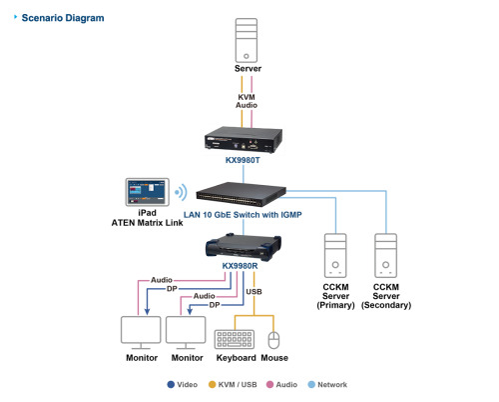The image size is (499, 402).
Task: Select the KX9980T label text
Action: pyautogui.click(x=246, y=159)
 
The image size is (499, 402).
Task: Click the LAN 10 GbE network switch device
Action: pyautogui.click(x=246, y=191)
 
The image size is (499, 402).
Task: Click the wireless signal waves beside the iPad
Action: pyautogui.click(x=181, y=193)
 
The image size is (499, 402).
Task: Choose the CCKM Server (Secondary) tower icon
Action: pyautogui.click(x=386, y=255)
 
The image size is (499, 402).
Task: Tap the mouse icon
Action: pyautogui.click(x=273, y=336)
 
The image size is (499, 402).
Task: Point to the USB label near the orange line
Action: pyautogui.click(x=255, y=292)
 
